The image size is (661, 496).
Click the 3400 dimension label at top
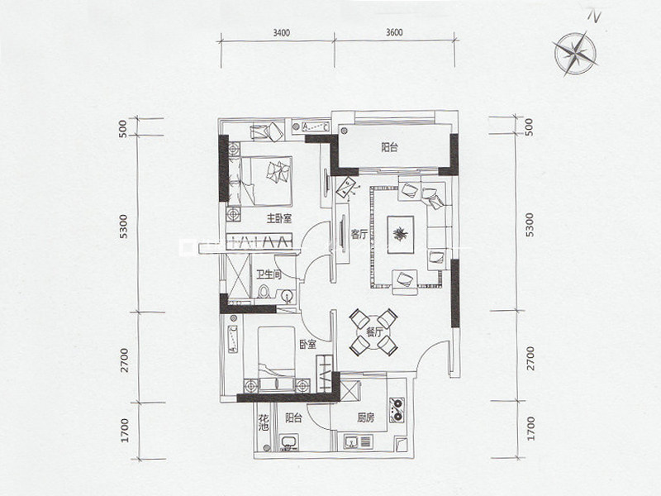click(x=281, y=33)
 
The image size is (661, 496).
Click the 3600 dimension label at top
click(x=394, y=33)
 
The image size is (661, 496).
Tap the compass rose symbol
click(x=575, y=54)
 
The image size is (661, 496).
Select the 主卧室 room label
click(x=279, y=218)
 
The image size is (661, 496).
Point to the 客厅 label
click(x=359, y=235)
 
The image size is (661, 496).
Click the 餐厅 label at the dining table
click(x=374, y=332)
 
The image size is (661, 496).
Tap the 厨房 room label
click(x=365, y=418)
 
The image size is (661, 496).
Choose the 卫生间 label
click(x=269, y=275)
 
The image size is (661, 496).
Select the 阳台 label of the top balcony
click(x=389, y=148)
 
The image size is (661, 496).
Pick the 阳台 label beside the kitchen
click(x=293, y=418)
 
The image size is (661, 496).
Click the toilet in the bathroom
click(x=264, y=292)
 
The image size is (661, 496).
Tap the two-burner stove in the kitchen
click(x=397, y=409)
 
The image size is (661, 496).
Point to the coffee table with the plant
click(x=401, y=235)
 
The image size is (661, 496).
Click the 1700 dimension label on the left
click(x=124, y=430)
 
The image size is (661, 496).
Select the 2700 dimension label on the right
click(x=530, y=359)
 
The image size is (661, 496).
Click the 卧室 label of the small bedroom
click(x=307, y=345)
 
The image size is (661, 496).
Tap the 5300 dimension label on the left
click(x=122, y=226)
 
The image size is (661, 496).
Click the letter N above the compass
click(x=594, y=16)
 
